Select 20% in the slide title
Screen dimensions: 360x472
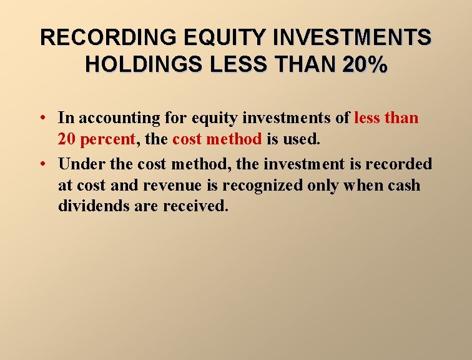pos(364,64)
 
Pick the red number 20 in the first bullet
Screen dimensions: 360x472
pos(67,139)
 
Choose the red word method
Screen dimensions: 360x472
pos(234,139)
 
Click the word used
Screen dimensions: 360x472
pos(302,139)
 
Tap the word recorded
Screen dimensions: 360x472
pos(398,164)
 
